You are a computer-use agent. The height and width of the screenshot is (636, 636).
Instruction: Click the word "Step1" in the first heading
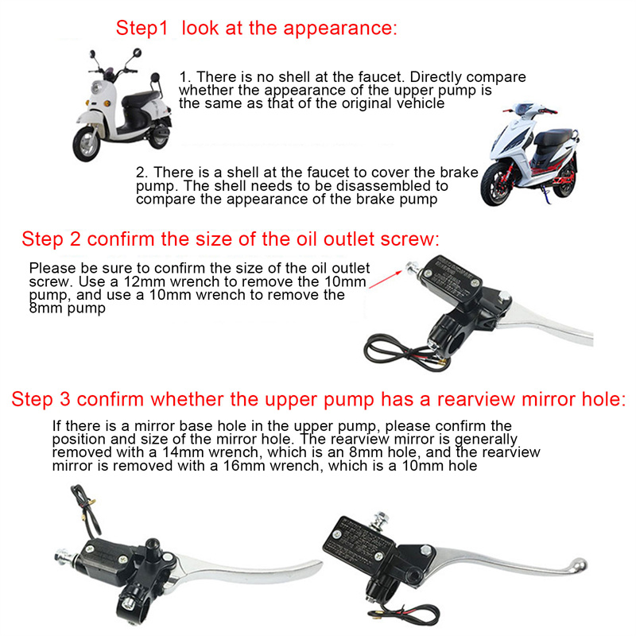pos(142,29)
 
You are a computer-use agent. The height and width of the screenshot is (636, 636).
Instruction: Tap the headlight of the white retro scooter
pos(96,87)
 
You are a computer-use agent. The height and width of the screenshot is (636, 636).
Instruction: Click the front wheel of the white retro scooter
pos(87,144)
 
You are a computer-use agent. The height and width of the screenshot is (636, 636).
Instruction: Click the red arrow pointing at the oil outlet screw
pos(386,280)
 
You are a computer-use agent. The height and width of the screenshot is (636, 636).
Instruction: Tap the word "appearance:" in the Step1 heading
pos(340,29)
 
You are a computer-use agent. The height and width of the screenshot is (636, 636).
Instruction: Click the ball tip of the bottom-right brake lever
pos(578,565)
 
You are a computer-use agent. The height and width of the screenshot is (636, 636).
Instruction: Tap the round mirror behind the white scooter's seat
pos(155,78)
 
